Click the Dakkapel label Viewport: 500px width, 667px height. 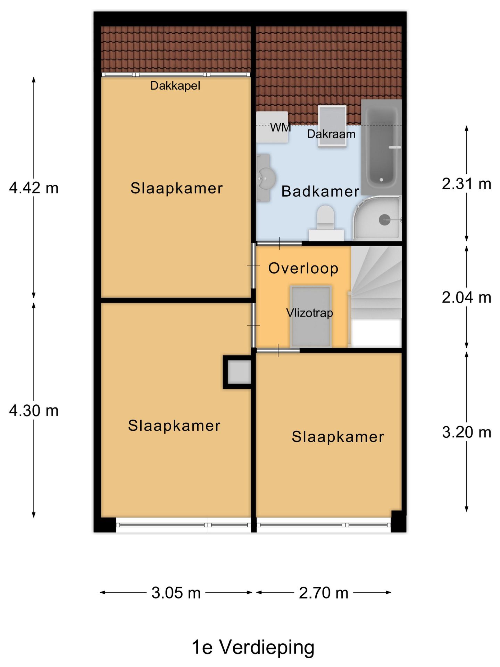tap(175, 86)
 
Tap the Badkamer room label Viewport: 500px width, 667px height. tap(320, 191)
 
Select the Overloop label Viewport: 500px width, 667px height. tap(303, 269)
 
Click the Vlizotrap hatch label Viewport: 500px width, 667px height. tap(309, 313)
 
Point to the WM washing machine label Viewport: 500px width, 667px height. tap(281, 128)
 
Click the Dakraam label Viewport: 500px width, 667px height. tap(331, 134)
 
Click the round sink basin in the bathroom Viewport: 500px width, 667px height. tap(266, 178)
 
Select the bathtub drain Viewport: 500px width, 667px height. tap(381, 180)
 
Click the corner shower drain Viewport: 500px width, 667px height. tap(384, 220)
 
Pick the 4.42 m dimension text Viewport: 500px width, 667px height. tap(34, 188)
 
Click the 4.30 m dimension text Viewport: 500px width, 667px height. tap(34, 411)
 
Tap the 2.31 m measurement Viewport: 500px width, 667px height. tap(466, 184)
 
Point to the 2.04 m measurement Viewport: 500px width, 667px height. tap(466, 298)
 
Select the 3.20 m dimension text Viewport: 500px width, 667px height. tap(466, 433)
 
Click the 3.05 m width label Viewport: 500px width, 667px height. tap(176, 593)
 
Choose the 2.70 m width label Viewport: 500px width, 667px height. tap(324, 593)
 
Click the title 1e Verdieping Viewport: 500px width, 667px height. tap(253, 648)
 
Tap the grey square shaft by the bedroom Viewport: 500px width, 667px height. tap(239, 372)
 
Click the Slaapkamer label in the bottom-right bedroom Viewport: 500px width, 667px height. tap(338, 437)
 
